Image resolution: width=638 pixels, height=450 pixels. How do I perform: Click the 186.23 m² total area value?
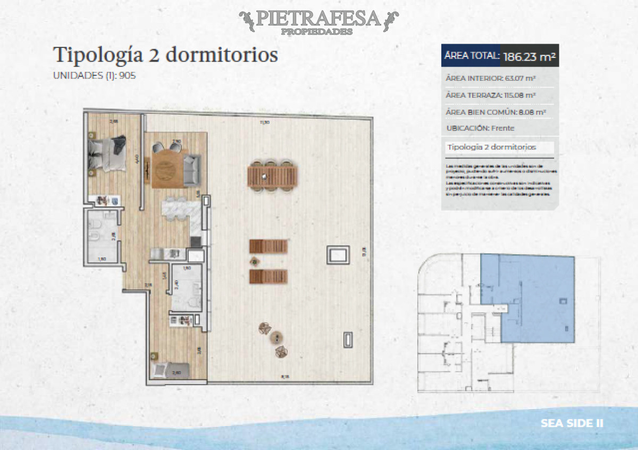(x=529, y=57)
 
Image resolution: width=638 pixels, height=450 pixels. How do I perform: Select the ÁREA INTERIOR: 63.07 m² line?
(x=490, y=79)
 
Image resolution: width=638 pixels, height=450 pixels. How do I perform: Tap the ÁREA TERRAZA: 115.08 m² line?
(x=490, y=96)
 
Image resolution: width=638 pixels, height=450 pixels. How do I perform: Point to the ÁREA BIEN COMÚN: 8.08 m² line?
(x=496, y=112)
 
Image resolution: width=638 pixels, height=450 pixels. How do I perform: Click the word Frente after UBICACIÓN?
(x=502, y=128)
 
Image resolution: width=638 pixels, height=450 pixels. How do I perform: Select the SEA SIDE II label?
(x=572, y=423)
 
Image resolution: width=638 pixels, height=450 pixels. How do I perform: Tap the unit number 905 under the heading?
(x=128, y=76)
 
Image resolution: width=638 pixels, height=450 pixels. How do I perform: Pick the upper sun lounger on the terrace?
(x=268, y=246)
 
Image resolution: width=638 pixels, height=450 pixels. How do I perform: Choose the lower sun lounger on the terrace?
(x=268, y=276)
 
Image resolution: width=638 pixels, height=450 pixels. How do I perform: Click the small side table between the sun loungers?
(x=254, y=261)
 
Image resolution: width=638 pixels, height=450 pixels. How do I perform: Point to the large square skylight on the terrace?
(x=337, y=255)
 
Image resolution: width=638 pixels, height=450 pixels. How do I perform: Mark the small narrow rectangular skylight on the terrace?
(x=348, y=339)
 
